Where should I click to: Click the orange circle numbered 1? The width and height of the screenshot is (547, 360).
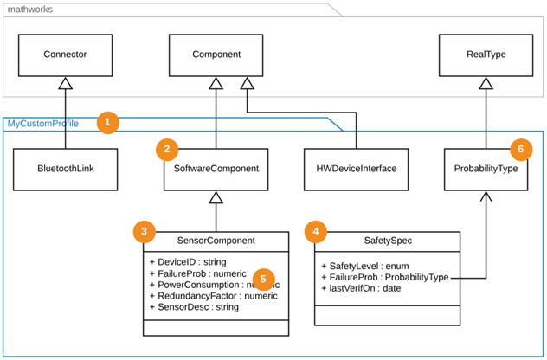pyautogui.click(x=107, y=123)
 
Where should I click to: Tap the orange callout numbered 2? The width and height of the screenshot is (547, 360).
pyautogui.click(x=168, y=150)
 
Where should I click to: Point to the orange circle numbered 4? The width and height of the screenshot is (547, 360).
pyautogui.click(x=317, y=232)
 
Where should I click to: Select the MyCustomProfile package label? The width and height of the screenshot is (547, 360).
pyautogui.click(x=43, y=124)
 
